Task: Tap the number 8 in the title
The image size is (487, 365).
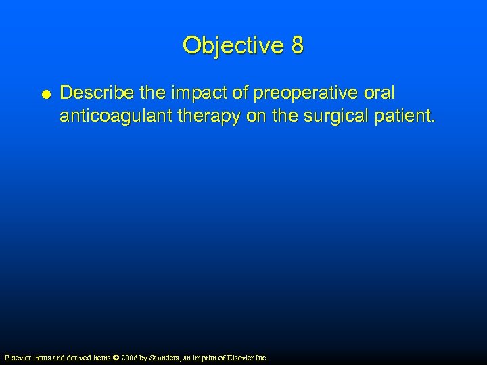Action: click(x=297, y=46)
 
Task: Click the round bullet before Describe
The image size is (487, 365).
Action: click(x=44, y=94)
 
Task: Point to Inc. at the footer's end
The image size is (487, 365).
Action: click(x=260, y=357)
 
